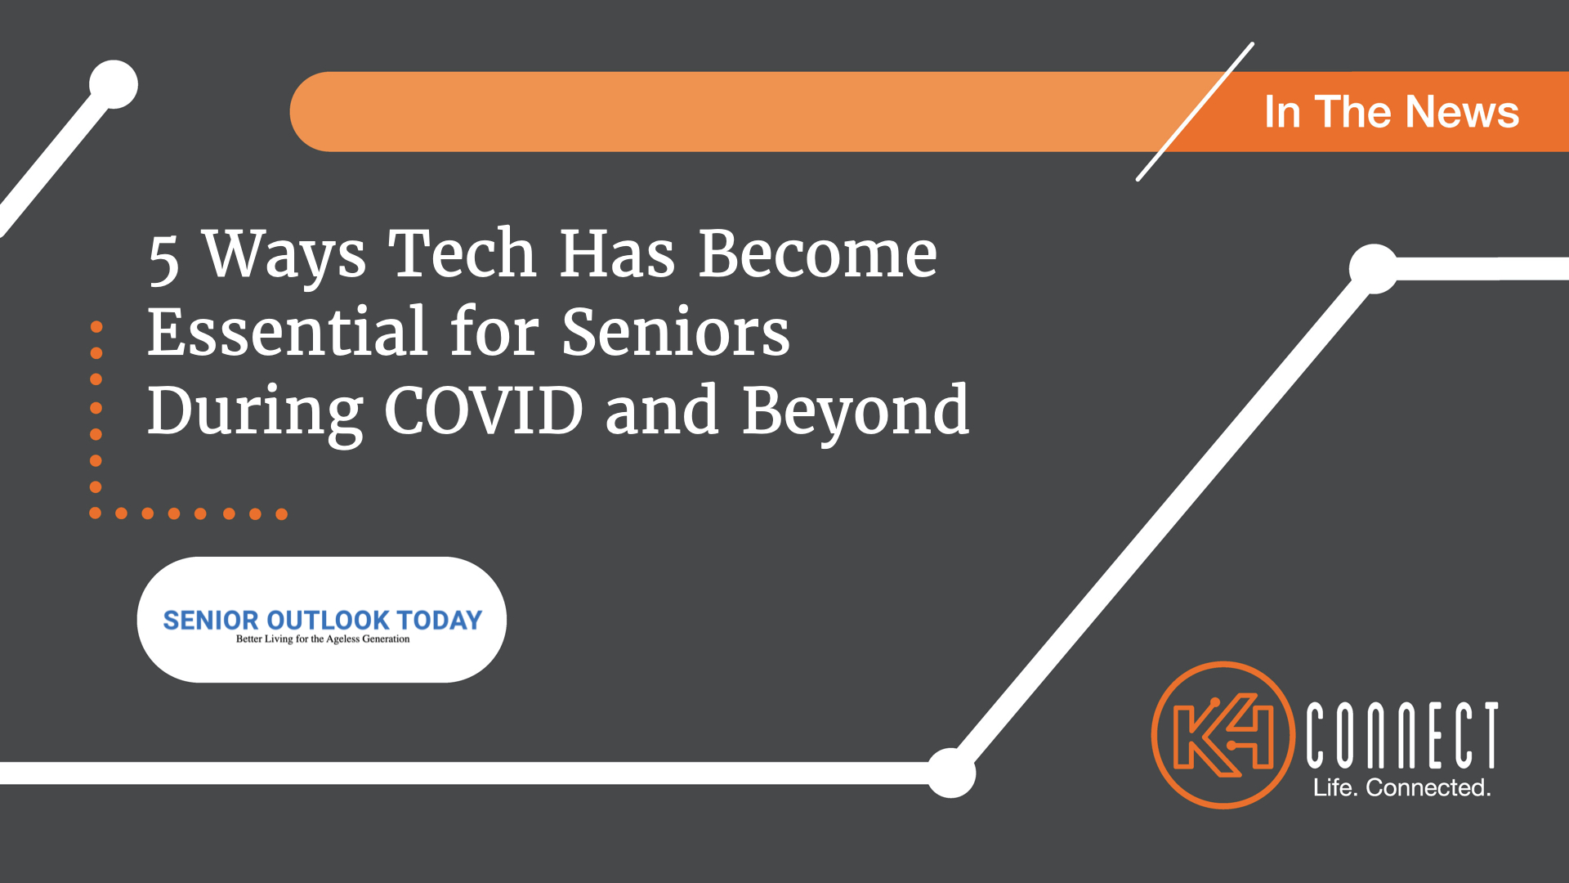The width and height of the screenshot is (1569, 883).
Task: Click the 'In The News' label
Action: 1391,112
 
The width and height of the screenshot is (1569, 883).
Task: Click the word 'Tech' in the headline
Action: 462,253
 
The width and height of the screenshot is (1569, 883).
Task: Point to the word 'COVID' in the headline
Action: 483,410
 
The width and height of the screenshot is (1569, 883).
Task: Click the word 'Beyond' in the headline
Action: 856,412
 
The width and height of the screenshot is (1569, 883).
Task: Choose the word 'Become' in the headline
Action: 817,253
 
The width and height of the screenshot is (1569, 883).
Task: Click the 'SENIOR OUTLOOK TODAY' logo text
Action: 323,621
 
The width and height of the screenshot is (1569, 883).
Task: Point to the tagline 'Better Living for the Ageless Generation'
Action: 323,639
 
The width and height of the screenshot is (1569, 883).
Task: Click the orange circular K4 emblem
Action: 1223,735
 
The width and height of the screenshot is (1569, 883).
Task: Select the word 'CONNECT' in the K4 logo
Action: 1402,735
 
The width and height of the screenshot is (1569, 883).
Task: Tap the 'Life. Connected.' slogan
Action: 1402,787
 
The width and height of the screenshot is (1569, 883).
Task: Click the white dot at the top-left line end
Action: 114,84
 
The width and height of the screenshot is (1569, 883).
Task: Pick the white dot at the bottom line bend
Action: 951,773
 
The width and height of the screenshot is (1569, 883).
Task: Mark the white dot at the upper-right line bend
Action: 1374,268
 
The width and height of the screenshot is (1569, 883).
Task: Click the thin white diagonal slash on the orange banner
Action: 1195,111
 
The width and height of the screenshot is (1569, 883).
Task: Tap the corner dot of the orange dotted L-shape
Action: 96,513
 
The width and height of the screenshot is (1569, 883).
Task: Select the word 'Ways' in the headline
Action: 284,256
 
